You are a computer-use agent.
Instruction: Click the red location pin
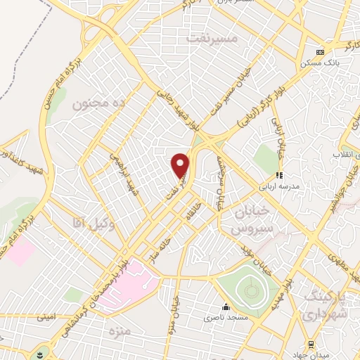[x=181, y=165]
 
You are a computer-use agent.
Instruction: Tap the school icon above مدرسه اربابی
[x=279, y=175]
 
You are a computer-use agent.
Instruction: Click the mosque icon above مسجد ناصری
[x=226, y=307]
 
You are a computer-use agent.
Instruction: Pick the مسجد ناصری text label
[x=226, y=319]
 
